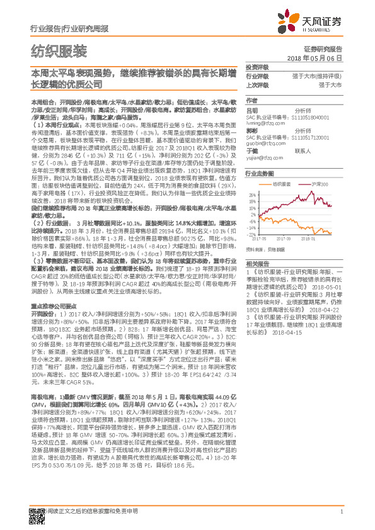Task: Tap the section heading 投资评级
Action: (257, 67)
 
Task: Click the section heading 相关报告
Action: (257, 263)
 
